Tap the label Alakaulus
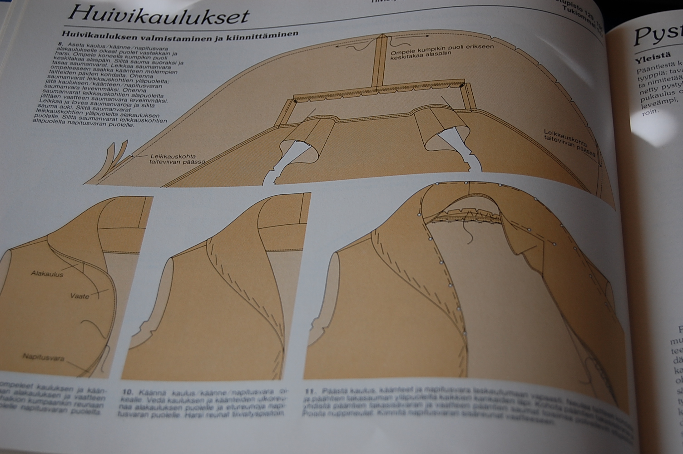click(47, 274)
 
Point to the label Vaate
click(80, 296)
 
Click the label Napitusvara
click(43, 357)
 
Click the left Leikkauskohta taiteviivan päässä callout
click(178, 158)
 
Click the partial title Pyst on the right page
click(658, 34)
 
